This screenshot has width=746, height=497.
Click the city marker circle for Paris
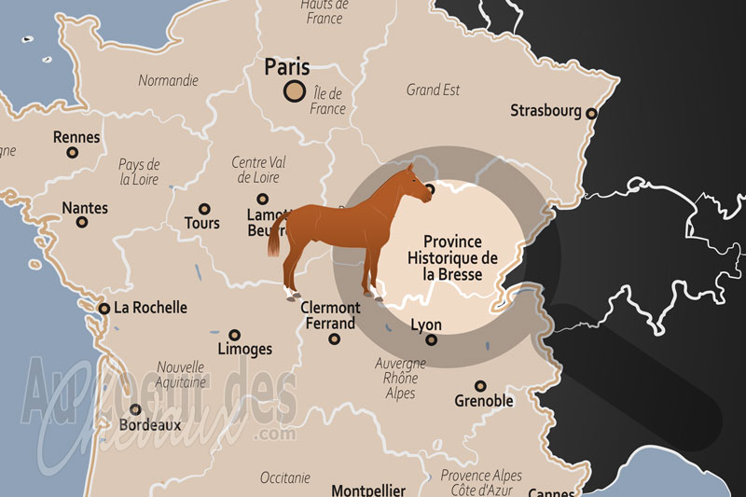point(295,90)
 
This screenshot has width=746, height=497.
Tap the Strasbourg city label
point(546,111)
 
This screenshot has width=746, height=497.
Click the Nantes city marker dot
point(82,223)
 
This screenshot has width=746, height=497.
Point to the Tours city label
point(202,224)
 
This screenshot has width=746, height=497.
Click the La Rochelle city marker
point(104,308)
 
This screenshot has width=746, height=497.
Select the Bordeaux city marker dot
point(136,408)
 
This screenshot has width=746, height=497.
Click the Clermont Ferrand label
point(330,315)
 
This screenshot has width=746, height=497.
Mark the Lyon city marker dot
point(431,340)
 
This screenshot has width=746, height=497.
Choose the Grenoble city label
point(483,401)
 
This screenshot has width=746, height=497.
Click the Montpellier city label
point(369,490)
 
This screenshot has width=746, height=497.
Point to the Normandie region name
point(168,80)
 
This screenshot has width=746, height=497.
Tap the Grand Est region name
point(433,90)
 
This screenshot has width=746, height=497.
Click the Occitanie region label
point(284,477)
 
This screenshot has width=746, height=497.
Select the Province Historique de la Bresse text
point(453,258)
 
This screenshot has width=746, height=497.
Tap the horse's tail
point(275,241)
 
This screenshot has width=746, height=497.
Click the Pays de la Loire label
point(140,172)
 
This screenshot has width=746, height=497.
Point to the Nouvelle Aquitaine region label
point(180,375)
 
